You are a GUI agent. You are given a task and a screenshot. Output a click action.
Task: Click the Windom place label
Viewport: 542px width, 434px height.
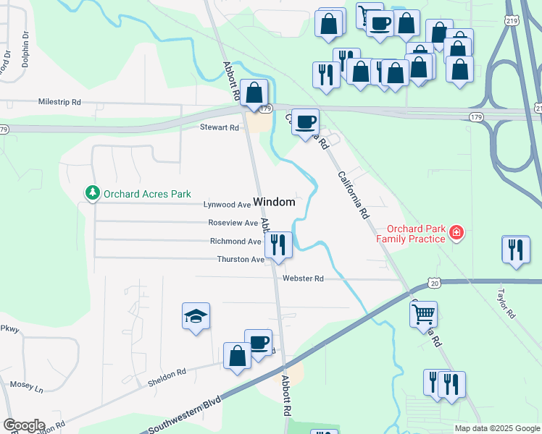(274, 202)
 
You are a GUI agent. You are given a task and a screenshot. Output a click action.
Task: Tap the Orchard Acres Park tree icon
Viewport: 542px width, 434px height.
(92, 193)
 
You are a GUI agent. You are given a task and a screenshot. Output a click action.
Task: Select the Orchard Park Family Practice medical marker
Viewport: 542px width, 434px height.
(456, 233)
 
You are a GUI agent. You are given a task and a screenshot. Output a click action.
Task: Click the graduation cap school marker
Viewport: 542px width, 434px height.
(196, 316)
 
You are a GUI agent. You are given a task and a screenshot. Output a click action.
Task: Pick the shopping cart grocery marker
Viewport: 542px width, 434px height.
(423, 315)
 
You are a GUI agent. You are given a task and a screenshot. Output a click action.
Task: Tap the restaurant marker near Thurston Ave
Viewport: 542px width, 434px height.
(278, 244)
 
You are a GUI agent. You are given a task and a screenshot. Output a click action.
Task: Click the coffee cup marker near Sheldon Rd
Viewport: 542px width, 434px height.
(258, 342)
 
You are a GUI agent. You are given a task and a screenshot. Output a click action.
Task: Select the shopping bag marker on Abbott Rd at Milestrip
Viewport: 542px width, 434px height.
(254, 93)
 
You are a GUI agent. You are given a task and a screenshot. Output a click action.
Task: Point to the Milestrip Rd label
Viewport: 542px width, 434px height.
(59, 103)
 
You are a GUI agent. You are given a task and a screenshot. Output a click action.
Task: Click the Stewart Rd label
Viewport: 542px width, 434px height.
(220, 127)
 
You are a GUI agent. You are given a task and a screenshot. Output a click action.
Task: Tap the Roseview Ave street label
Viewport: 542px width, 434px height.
(233, 224)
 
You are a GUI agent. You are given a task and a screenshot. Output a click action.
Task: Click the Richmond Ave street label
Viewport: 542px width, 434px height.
(235, 242)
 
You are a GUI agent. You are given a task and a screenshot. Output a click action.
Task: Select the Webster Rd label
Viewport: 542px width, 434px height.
(303, 278)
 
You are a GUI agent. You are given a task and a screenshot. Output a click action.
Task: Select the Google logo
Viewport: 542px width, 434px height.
(23, 425)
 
